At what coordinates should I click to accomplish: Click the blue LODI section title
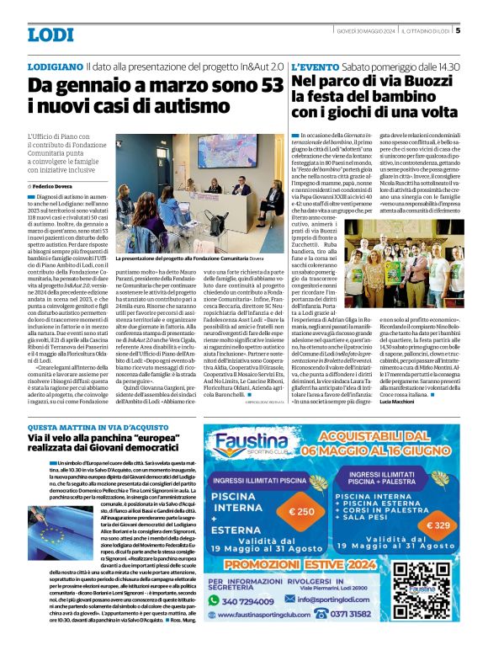pyautogui.click(x=50, y=35)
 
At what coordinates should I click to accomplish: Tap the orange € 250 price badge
pyautogui.click(x=301, y=511)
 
